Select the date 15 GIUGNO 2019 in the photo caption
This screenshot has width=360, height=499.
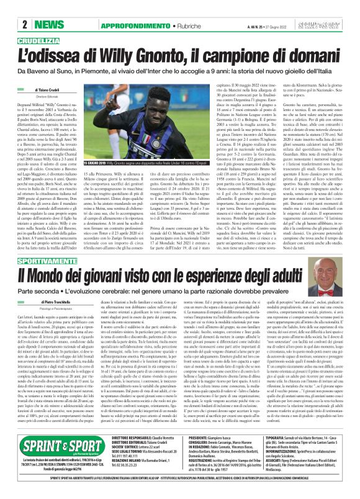97,162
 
